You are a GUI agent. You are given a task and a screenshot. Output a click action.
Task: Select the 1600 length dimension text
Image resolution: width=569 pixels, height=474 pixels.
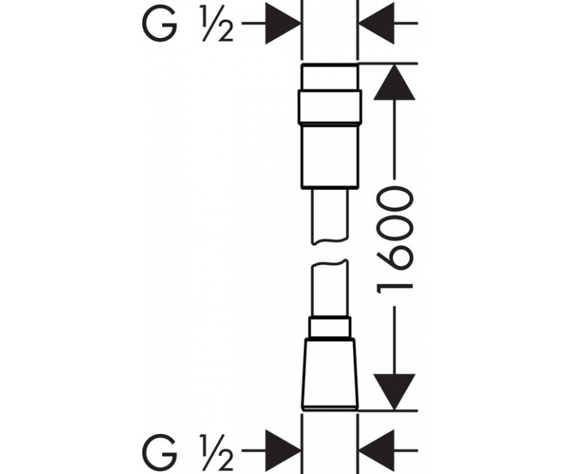(x=395, y=241)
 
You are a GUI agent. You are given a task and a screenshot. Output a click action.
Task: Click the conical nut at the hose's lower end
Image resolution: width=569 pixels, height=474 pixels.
(x=329, y=373)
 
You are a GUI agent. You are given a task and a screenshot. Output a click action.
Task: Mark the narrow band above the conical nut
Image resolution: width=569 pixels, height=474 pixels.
(x=329, y=329)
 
